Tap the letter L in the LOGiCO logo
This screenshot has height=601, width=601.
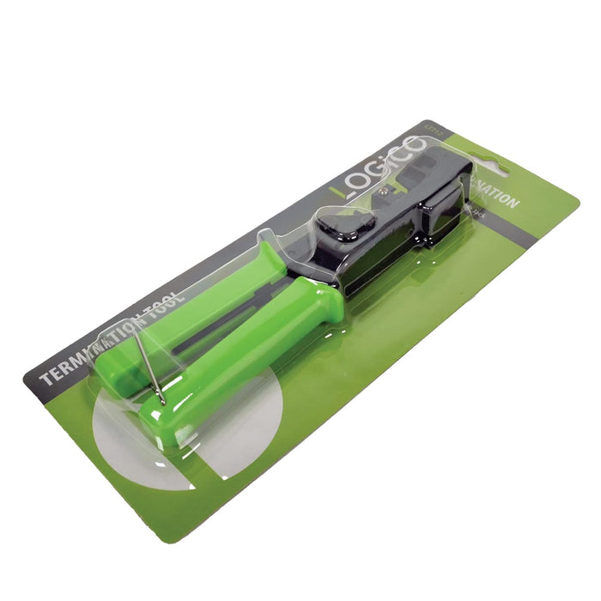pyautogui.click(x=341, y=191)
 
